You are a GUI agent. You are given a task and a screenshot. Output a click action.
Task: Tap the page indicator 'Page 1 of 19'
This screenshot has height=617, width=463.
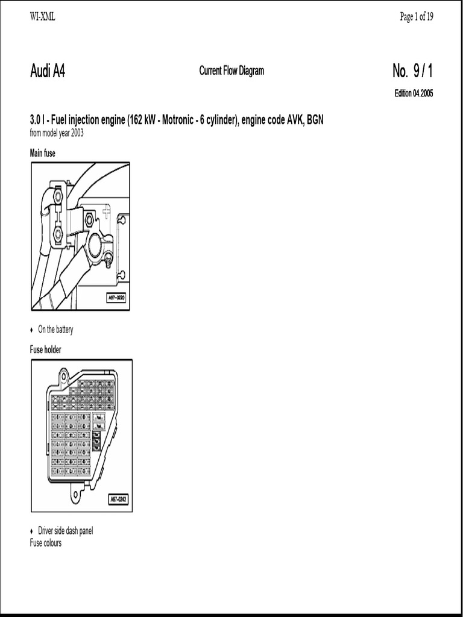pyautogui.click(x=416, y=17)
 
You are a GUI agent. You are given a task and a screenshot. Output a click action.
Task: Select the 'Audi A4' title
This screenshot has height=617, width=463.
pyautogui.click(x=48, y=72)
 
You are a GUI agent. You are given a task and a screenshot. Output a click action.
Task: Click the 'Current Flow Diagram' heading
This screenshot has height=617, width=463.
pyautogui.click(x=231, y=71)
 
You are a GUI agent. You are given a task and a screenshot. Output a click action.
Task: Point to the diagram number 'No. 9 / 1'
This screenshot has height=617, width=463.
pyautogui.click(x=412, y=72)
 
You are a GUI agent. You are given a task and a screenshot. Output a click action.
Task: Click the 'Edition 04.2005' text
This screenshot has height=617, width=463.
pyautogui.click(x=414, y=93)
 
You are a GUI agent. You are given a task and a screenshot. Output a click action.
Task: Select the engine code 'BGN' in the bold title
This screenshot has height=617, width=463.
pyautogui.click(x=315, y=120)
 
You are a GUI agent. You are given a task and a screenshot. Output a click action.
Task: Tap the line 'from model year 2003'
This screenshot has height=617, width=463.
pyautogui.click(x=57, y=133)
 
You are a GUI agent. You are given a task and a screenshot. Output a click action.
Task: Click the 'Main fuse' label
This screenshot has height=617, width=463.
pyautogui.click(x=43, y=153)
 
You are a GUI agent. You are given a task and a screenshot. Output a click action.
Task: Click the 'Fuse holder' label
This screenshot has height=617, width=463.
pyautogui.click(x=46, y=349)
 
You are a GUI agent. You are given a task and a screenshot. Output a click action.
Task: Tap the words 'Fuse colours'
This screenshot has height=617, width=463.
pyautogui.click(x=46, y=543)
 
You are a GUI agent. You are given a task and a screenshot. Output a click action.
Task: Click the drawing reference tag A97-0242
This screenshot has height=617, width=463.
pyautogui.click(x=119, y=499)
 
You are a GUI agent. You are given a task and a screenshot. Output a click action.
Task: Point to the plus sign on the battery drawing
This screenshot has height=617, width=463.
pyautogui.click(x=106, y=211)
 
